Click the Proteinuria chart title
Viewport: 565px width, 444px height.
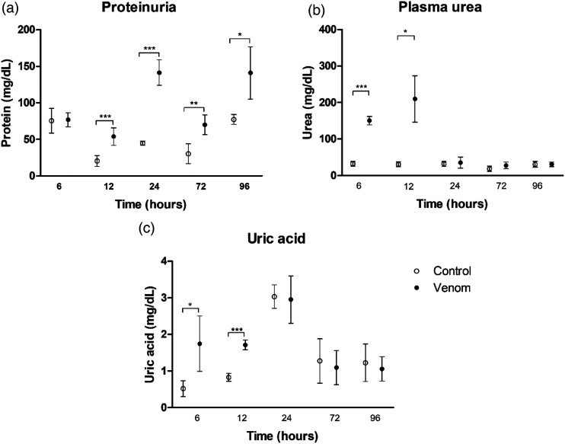[139, 7]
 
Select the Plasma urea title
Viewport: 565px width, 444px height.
[440, 7]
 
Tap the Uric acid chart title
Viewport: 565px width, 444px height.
[276, 238]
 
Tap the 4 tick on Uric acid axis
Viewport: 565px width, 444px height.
[164, 261]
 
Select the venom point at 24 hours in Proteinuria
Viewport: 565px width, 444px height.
[159, 72]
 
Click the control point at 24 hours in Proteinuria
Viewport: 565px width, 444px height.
[142, 143]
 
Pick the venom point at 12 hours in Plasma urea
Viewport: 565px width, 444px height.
[415, 99]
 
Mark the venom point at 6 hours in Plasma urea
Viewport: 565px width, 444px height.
[369, 121]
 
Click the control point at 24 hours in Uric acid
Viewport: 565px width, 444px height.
[275, 296]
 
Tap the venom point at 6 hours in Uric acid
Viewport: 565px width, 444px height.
[200, 343]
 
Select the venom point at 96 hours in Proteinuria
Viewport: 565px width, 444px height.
[251, 73]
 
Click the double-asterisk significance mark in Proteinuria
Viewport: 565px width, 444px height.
[194, 104]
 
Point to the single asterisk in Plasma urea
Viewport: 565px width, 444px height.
[406, 32]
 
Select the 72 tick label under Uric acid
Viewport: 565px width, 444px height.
[335, 418]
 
